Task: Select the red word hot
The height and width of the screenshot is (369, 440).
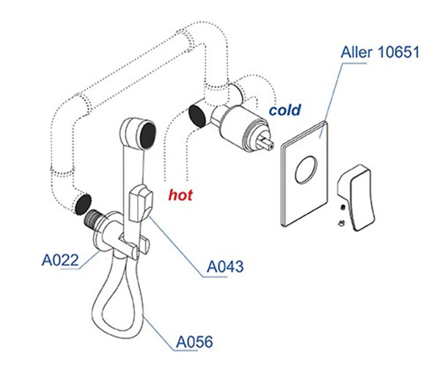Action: pos(180,195)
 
